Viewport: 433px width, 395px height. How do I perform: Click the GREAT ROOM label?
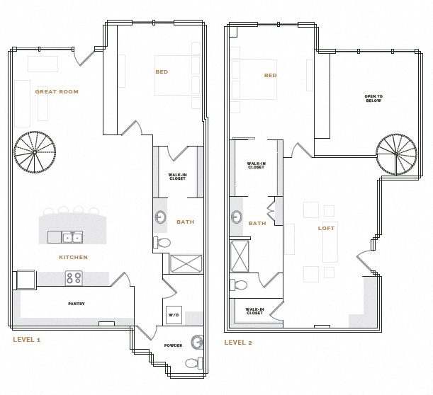[x=57, y=92]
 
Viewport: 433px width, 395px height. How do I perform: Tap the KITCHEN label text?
[x=73, y=258]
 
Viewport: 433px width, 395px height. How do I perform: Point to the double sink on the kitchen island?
[x=72, y=236]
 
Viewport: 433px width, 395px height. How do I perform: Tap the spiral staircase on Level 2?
[x=396, y=154]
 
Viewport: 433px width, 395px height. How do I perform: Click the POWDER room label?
[x=173, y=345]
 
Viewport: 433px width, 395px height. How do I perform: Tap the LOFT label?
[x=326, y=228]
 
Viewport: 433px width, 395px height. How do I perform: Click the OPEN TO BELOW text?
[x=373, y=98]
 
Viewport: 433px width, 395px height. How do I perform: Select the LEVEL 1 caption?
[x=27, y=340]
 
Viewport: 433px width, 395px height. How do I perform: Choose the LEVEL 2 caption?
[x=238, y=343]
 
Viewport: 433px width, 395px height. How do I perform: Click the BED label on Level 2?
[x=270, y=76]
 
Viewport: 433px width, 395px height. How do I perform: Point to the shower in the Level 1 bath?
[x=186, y=264]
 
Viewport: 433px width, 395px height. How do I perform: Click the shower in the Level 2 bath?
[x=240, y=257]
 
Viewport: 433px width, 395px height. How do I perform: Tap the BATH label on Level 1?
[x=185, y=222]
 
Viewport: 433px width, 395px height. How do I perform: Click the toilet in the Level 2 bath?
[x=239, y=286]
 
